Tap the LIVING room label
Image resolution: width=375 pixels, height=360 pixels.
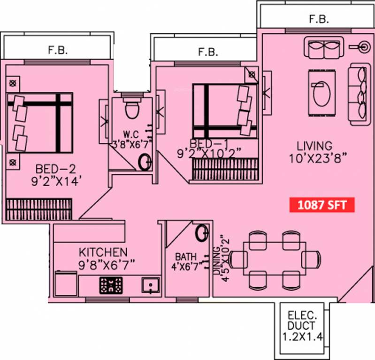(314, 146)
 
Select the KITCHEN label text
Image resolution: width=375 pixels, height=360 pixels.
(103, 252)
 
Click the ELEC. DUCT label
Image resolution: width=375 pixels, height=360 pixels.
(302, 319)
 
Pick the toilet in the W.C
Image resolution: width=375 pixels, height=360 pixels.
(132, 107)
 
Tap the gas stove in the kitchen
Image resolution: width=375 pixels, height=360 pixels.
(111, 285)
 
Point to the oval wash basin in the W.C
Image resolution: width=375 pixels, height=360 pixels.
(145, 162)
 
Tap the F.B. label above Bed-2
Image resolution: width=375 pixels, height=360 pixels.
(59, 49)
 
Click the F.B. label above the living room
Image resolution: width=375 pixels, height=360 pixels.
(319, 19)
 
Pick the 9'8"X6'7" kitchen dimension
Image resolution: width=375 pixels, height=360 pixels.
(107, 264)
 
